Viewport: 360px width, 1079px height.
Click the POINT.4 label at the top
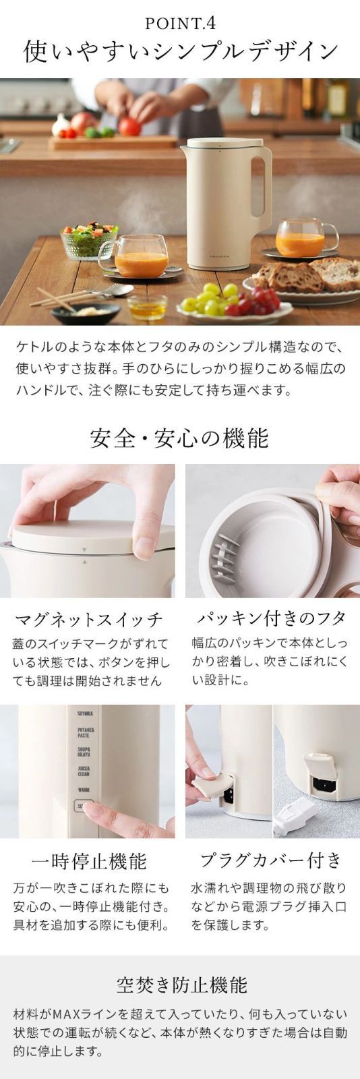[x=180, y=24]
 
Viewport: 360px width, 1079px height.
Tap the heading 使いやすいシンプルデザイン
[x=180, y=53]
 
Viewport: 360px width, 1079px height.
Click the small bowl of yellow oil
[x=146, y=308]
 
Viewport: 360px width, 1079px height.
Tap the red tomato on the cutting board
[x=129, y=126]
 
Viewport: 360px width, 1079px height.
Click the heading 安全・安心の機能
[x=180, y=438]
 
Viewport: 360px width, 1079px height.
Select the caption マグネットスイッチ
[x=88, y=619]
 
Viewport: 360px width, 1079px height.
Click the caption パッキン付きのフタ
[x=272, y=618]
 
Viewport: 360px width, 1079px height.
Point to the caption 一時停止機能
[x=88, y=861]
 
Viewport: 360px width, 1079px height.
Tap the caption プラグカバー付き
[x=272, y=860]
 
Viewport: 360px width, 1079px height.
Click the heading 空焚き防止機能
[x=180, y=985]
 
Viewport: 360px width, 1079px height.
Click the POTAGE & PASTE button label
[x=85, y=732]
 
